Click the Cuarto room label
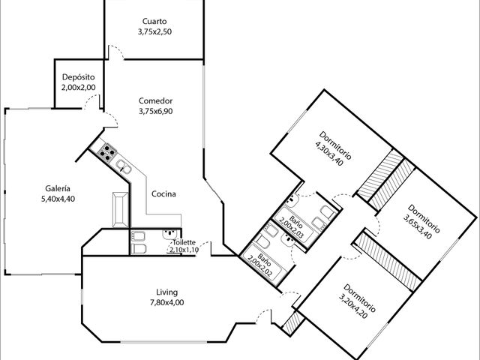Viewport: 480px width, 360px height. (154, 22)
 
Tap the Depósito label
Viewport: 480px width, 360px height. (78, 76)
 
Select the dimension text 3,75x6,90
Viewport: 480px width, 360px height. (156, 111)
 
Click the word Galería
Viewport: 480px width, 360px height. (58, 188)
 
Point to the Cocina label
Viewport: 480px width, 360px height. (163, 193)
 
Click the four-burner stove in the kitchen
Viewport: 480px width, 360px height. (106, 152)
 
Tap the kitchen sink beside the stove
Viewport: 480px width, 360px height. (124, 166)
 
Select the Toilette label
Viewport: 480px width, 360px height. (184, 242)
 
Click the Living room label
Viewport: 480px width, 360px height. (166, 292)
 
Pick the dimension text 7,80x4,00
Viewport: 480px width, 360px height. (166, 302)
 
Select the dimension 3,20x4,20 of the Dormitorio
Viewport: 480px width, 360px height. (353, 306)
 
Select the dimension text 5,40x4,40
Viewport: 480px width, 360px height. (58, 199)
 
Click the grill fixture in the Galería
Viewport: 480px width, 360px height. (120, 210)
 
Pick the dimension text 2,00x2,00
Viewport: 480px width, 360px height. (78, 87)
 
